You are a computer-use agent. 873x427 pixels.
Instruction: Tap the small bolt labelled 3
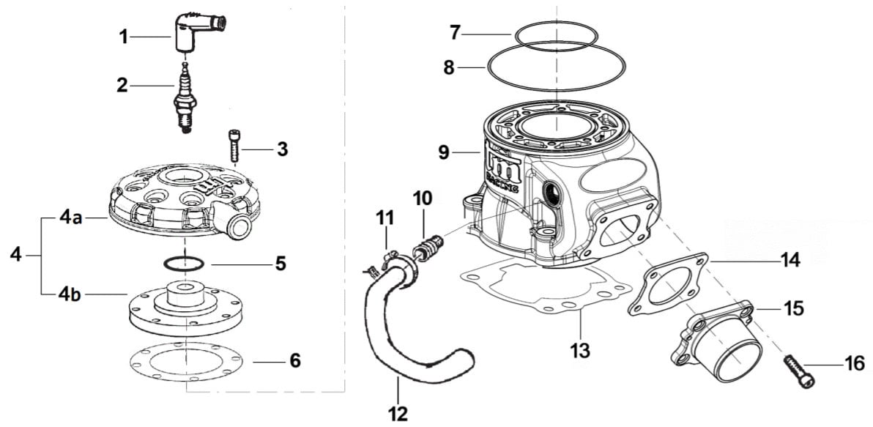pyautogui.click(x=234, y=146)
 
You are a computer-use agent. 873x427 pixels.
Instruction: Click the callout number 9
pyautogui.click(x=443, y=153)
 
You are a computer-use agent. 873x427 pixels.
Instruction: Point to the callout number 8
pyautogui.click(x=448, y=68)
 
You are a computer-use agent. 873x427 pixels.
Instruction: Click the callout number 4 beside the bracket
pyautogui.click(x=17, y=256)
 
